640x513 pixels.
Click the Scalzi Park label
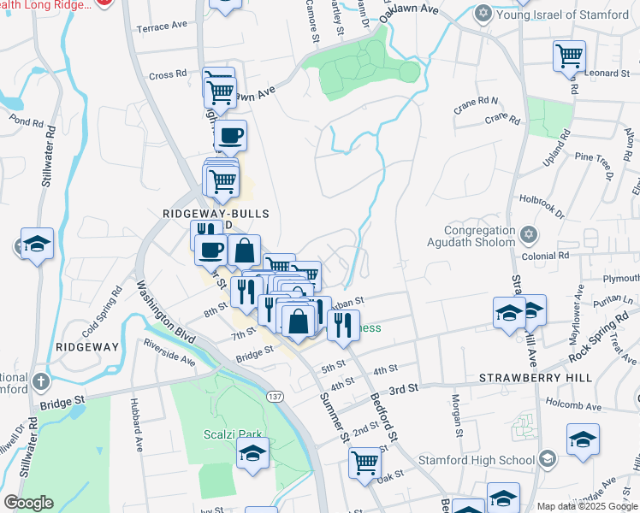224,433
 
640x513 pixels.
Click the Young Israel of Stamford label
562,15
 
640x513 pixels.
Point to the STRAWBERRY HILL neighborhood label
523,377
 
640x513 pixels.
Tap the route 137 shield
275,397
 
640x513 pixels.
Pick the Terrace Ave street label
161,27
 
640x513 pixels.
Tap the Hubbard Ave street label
135,425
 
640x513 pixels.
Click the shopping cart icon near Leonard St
569,56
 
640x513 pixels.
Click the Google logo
27,503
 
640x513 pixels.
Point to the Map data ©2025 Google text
586,506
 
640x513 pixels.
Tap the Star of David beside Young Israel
483,15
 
